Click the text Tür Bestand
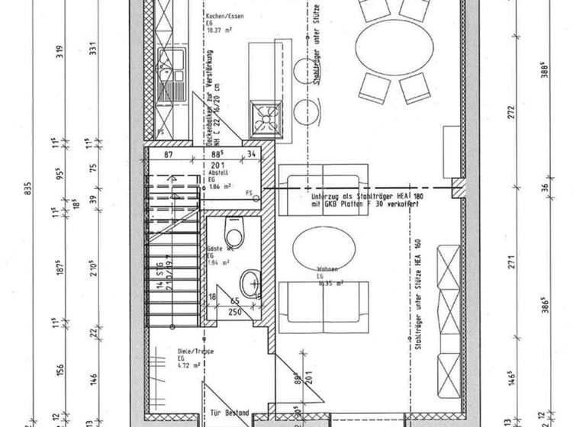coord(229,413)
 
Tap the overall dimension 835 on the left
coord(29,191)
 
